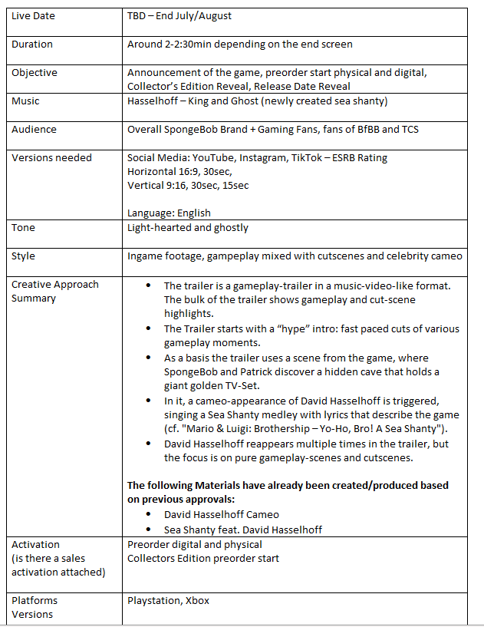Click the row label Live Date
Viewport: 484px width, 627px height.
[x=34, y=16]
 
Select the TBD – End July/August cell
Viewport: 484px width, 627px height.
[x=179, y=16]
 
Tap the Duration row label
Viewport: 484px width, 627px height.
[x=32, y=45]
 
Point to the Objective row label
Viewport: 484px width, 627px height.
[x=35, y=73]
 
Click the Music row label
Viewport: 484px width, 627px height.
[x=25, y=101]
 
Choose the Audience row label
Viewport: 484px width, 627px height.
[x=35, y=130]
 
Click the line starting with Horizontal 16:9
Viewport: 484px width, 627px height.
[x=180, y=172]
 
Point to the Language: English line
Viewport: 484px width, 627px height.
[x=169, y=213]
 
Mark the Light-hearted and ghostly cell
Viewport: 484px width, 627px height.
[x=188, y=228]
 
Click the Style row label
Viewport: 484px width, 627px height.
[x=23, y=256]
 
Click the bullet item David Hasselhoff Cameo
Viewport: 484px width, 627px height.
[x=222, y=515]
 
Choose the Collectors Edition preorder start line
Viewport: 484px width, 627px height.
[x=203, y=558]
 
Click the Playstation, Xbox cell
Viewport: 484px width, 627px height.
[x=168, y=601]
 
